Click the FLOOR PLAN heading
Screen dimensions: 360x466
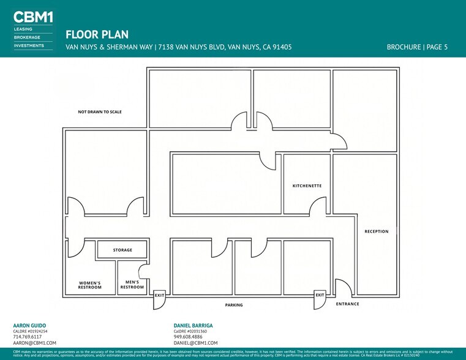coord(97,35)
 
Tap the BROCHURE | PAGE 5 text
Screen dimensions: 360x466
coord(417,47)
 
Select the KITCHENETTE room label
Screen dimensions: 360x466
coord(307,186)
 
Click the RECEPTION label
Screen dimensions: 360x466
coord(377,231)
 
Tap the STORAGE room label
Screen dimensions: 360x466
coord(122,250)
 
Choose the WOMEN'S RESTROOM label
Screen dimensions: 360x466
coord(90,285)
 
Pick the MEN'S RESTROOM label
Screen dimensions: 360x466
coord(132,284)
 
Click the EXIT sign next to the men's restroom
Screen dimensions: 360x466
coord(159,295)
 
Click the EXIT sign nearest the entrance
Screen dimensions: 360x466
coord(320,295)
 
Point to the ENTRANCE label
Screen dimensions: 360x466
coord(348,304)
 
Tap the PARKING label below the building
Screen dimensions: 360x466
coord(233,304)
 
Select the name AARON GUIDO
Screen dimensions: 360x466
coord(29,325)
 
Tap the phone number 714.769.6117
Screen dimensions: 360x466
coord(28,337)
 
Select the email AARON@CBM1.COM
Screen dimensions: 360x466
coord(35,343)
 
